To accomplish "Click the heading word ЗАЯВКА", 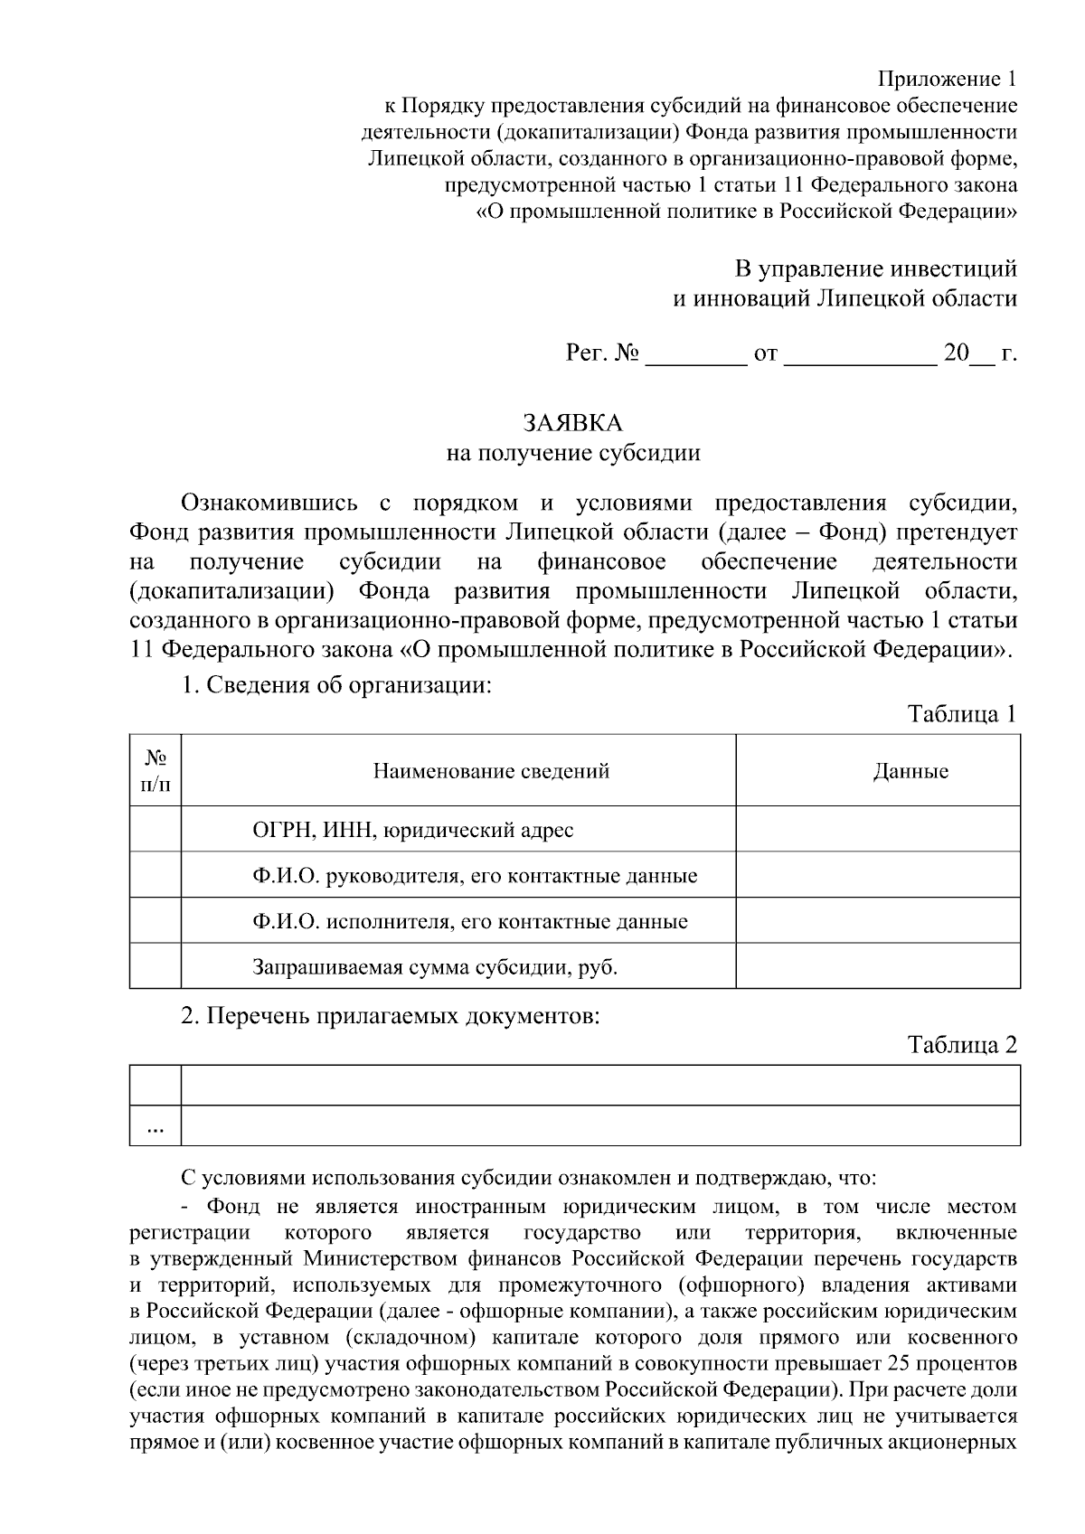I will pyautogui.click(x=573, y=422).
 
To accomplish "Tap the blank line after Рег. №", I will pyautogui.click(x=693, y=355).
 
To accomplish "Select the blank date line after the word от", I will pyautogui.click(x=860, y=355).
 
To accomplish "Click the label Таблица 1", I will pyautogui.click(x=962, y=714).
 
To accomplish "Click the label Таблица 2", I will pyautogui.click(x=962, y=1045).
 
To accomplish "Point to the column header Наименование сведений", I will pyautogui.click(x=491, y=771).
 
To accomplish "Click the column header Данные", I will pyautogui.click(x=910, y=771).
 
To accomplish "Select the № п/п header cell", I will pyautogui.click(x=156, y=770).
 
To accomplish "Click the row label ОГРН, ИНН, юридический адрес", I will pyautogui.click(x=412, y=830).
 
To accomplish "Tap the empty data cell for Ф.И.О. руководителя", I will pyautogui.click(x=877, y=875).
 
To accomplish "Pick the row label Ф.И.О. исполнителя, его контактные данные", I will pyautogui.click(x=469, y=922).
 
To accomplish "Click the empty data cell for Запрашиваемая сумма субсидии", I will pyautogui.click(x=877, y=966).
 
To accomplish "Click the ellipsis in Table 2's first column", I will pyautogui.click(x=156, y=1126).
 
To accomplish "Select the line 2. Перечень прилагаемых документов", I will pyautogui.click(x=391, y=1016).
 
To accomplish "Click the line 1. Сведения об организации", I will pyautogui.click(x=336, y=685).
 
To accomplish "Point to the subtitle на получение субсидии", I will pyautogui.click(x=573, y=452).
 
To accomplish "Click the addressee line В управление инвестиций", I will pyautogui.click(x=875, y=268).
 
